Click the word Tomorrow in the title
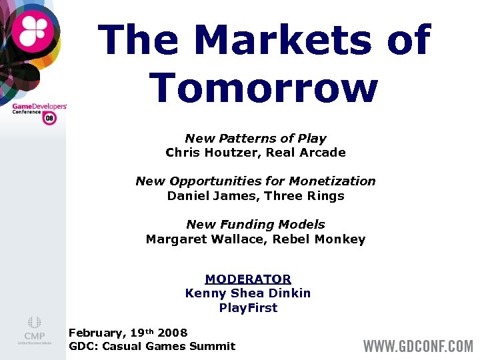coord(263,88)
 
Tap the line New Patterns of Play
coord(255,139)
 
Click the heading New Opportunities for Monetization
coord(255,181)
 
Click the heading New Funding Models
coord(255,225)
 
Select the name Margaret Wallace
coord(201,239)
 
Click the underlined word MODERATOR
coord(248,279)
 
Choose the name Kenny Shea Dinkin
coord(248,293)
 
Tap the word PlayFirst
coord(248,308)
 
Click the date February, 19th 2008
coord(128,332)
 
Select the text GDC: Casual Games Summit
coord(152,346)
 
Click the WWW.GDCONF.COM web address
coord(417,347)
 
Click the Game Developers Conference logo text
coord(39,109)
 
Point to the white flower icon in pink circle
coord(33,30)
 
